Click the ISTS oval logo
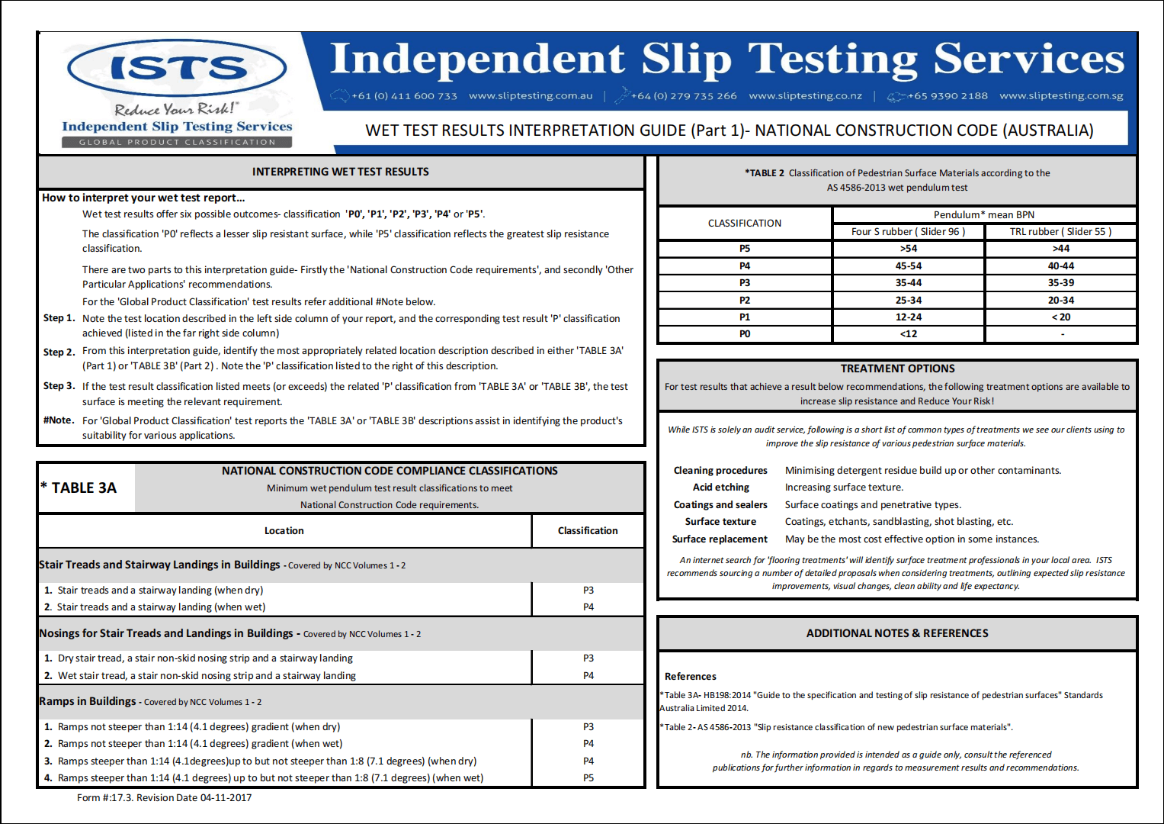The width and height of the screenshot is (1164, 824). [x=177, y=69]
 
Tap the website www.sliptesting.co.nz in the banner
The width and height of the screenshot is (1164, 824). [x=805, y=96]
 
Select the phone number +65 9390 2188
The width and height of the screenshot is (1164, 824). [x=948, y=96]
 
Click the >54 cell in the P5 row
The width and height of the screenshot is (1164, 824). [x=908, y=249]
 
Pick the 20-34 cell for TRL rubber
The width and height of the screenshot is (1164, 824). [x=1060, y=301]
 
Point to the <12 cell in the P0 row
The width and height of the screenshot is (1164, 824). [x=908, y=334]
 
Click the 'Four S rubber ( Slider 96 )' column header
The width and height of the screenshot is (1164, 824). [x=908, y=232]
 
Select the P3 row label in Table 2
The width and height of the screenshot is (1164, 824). [x=745, y=283]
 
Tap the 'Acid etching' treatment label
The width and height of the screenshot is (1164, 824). [x=720, y=488]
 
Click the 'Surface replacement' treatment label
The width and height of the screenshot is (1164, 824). [x=720, y=539]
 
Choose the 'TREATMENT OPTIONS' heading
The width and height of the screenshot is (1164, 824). [x=897, y=369]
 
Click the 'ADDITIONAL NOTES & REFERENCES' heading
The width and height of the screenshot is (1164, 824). [x=897, y=633]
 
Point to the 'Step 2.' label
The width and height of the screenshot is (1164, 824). [x=59, y=352]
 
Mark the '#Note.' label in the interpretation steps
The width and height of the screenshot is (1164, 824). [x=59, y=420]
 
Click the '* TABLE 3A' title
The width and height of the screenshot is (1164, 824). [x=79, y=488]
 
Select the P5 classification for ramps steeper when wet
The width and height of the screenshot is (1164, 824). [x=588, y=778]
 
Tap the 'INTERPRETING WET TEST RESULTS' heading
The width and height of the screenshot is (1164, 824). [x=340, y=172]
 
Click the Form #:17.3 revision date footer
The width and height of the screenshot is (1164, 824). [x=164, y=798]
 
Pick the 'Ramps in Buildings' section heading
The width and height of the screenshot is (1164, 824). [x=88, y=701]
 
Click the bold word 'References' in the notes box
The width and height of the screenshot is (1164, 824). [x=690, y=677]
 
